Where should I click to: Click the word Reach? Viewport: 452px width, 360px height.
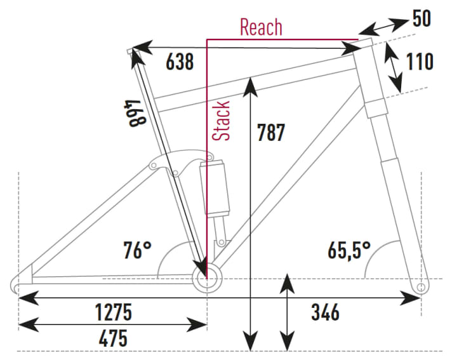point(261,27)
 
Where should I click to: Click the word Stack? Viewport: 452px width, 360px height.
point(222,121)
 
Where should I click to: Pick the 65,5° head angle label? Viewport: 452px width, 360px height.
point(348,250)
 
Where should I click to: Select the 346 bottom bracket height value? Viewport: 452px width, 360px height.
point(325,312)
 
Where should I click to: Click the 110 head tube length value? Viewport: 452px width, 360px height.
point(419,62)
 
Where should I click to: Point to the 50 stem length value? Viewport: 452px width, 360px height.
point(422,18)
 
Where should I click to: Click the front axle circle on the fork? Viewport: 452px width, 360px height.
point(420,288)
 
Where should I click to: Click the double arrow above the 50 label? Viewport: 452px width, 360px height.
point(383,26)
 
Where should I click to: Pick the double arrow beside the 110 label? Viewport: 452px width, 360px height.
point(395,70)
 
